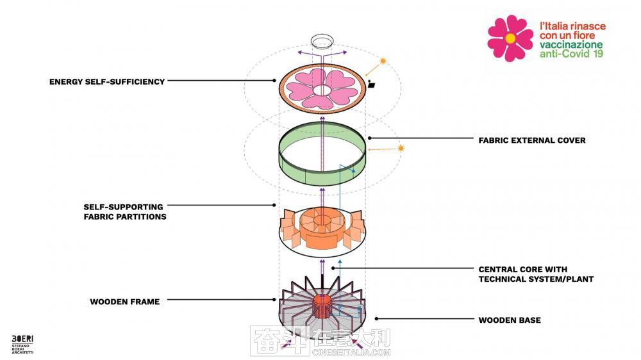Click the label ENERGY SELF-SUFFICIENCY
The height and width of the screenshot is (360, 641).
click(x=107, y=82)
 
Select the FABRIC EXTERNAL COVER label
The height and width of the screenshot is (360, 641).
click(x=532, y=140)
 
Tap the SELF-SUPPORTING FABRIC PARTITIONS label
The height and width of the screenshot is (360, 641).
click(x=125, y=211)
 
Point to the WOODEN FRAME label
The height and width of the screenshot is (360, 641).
click(x=125, y=302)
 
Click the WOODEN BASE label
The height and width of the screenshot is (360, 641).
click(x=510, y=320)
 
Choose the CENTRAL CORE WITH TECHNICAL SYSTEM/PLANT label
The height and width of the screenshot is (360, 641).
click(x=536, y=274)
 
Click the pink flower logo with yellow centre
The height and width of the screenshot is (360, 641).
click(x=510, y=38)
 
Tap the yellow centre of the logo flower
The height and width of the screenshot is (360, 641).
click(x=510, y=38)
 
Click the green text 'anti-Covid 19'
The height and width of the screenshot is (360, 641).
click(x=571, y=54)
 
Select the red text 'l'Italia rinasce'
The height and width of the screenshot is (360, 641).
click(x=572, y=26)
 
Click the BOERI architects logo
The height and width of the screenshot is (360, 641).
click(x=22, y=344)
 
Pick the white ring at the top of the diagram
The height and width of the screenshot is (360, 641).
click(x=322, y=41)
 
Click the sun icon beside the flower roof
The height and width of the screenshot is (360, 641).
click(x=383, y=61)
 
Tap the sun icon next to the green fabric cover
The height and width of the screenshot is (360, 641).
click(x=401, y=148)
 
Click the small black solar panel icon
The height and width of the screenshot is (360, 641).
click(x=372, y=85)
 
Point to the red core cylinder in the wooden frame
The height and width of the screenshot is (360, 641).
click(x=322, y=306)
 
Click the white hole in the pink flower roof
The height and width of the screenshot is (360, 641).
click(x=322, y=90)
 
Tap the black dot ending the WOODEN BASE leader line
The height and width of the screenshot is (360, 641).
click(x=376, y=319)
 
